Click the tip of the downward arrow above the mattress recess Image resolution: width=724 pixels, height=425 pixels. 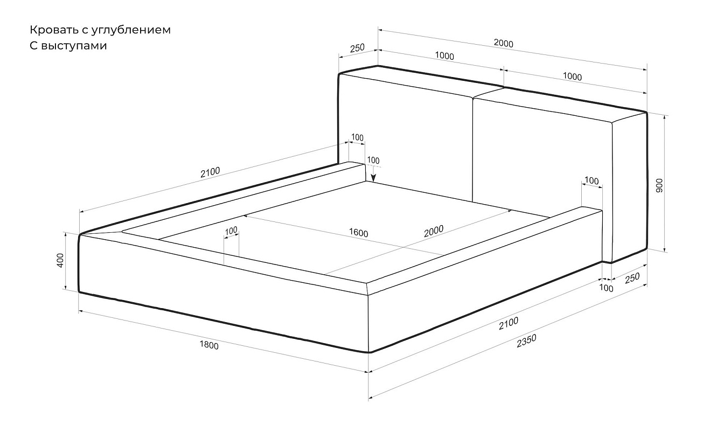(x=373, y=182)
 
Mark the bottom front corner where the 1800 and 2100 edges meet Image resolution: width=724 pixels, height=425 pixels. (x=368, y=352)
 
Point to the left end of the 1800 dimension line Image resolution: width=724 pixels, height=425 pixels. (x=79, y=311)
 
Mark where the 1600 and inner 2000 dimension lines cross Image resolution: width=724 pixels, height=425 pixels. (x=403, y=248)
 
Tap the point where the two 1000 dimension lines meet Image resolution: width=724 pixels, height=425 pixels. (x=504, y=70)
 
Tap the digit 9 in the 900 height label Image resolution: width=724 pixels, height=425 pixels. (x=659, y=190)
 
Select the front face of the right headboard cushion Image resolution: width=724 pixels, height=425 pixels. (x=542, y=155)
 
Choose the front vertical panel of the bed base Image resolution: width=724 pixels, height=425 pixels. (x=223, y=291)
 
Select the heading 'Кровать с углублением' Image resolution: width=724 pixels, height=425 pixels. (x=100, y=30)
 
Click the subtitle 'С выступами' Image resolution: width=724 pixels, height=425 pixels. (x=68, y=46)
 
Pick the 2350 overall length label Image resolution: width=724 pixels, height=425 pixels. (x=526, y=340)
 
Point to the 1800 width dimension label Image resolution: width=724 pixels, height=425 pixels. (x=209, y=345)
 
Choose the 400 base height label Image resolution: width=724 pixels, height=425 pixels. (x=60, y=261)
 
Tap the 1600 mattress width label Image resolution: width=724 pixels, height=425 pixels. (x=358, y=233)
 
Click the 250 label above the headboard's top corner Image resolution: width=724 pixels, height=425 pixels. (x=357, y=48)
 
